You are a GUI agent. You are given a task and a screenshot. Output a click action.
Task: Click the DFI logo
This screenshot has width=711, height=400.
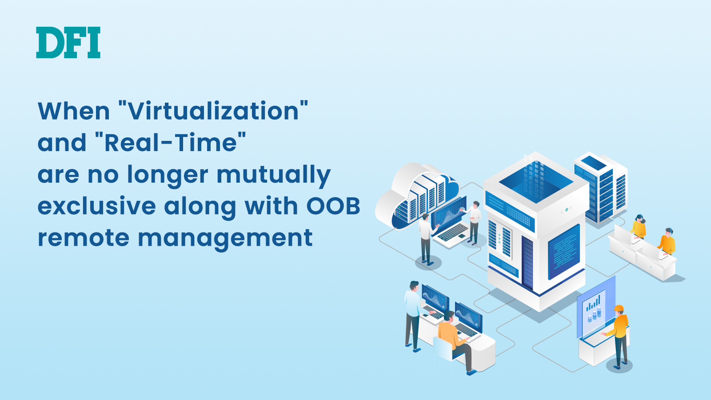68,43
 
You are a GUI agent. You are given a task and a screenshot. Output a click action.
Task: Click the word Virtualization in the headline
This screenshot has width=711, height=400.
213,111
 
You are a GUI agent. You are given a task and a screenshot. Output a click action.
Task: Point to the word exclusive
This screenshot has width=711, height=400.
97,206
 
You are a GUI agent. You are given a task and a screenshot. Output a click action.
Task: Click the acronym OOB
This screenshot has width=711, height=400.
333,206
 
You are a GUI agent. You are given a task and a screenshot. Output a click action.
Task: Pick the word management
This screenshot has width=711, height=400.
225,238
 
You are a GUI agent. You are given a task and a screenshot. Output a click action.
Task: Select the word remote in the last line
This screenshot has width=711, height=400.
84,238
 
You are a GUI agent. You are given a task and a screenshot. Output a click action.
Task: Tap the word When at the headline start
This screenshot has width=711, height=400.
74,111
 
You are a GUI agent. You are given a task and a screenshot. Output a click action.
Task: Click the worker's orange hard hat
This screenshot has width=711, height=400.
619,308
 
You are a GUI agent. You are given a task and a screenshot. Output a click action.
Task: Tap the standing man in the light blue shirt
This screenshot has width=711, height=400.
414,316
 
